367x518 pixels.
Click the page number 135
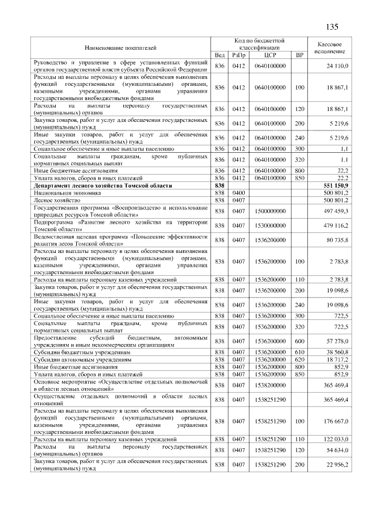pos(333,27)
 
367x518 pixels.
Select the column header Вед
pos(219,55)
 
